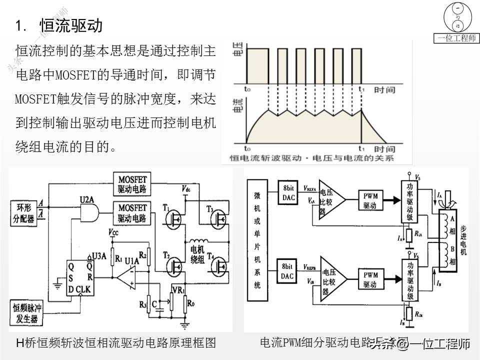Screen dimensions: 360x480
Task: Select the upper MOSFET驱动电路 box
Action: click(132, 184)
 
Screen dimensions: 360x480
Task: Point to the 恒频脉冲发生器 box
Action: click(26, 312)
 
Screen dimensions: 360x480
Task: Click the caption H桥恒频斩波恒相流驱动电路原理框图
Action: click(116, 343)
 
